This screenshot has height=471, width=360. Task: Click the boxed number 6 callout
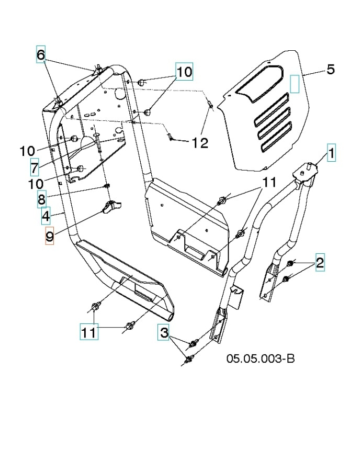(41, 54)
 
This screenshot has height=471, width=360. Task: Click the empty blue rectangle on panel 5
(295, 83)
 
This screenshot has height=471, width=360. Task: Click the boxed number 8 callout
(41, 199)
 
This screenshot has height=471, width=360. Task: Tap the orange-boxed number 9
(49, 237)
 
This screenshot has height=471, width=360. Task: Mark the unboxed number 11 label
(268, 182)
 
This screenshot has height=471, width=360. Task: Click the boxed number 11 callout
(89, 332)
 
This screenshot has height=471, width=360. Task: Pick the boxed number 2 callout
(319, 263)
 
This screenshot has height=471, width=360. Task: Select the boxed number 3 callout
(164, 332)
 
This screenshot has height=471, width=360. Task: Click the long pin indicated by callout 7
(98, 144)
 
